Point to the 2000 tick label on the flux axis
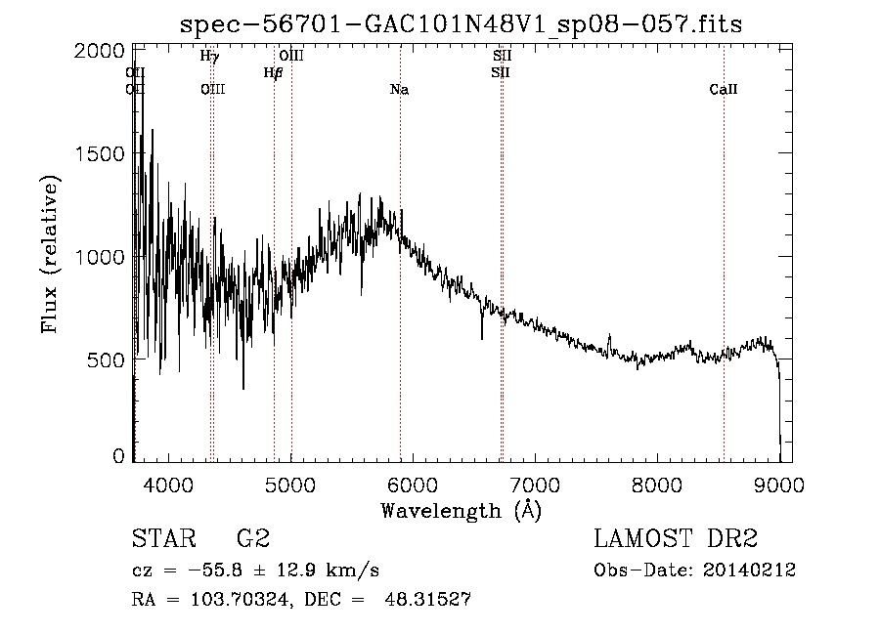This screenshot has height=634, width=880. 99,51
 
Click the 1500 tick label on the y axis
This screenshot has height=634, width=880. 99,153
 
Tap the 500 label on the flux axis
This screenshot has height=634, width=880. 106,359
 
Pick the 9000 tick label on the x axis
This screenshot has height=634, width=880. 779,484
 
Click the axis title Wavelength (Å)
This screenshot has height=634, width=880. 461,510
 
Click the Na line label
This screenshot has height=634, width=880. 399,90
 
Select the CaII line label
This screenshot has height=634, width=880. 723,90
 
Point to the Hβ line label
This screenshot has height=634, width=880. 273,72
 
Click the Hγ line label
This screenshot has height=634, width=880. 209,57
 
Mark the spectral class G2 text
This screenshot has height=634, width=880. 253,539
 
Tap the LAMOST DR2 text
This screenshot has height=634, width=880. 676,539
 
